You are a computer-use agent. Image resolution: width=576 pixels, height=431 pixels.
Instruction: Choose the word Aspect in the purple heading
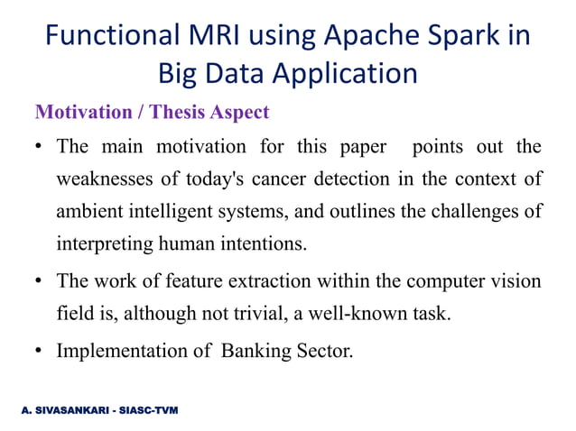(239, 113)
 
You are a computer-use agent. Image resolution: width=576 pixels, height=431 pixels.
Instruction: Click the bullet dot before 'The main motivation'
(41, 147)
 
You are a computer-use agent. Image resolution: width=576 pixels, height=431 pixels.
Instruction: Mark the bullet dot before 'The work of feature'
(41, 282)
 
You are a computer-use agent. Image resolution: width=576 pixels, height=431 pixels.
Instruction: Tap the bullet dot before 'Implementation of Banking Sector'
(41, 350)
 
